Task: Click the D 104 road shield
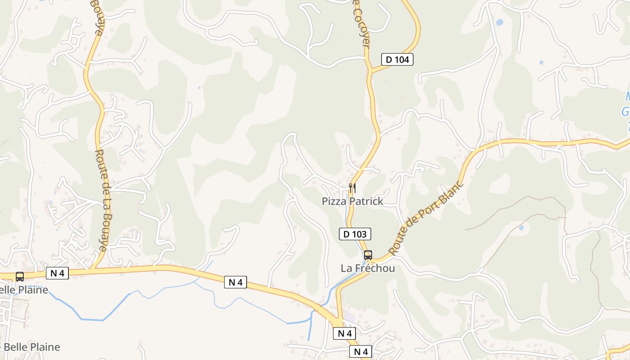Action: click(397, 59)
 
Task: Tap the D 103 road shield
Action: click(355, 234)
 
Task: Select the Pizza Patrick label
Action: click(352, 201)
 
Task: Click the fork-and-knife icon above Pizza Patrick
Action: click(352, 188)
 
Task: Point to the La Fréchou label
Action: click(368, 268)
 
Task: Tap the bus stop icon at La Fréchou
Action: click(368, 255)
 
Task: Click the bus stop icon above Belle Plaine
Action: click(20, 277)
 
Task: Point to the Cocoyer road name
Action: click(362, 25)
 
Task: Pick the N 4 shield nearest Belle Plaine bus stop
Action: click(57, 273)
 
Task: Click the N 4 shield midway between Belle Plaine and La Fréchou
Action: click(235, 282)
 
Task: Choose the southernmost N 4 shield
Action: click(361, 352)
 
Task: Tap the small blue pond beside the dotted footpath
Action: click(521, 228)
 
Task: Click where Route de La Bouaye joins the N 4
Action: click(94, 269)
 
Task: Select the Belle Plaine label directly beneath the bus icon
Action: click(25, 290)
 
